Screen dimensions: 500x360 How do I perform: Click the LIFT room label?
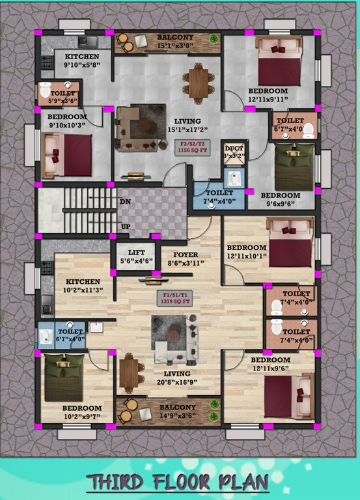tap(136, 257)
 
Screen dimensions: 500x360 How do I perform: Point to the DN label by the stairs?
tap(125, 202)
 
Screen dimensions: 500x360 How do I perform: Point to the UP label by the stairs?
tap(125, 227)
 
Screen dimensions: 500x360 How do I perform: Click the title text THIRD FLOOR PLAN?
tap(178, 482)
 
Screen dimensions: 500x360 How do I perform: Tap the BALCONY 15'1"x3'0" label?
tap(174, 42)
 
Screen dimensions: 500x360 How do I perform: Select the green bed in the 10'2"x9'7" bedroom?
tap(63, 377)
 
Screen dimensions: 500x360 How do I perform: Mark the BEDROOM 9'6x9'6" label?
tap(281, 199)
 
